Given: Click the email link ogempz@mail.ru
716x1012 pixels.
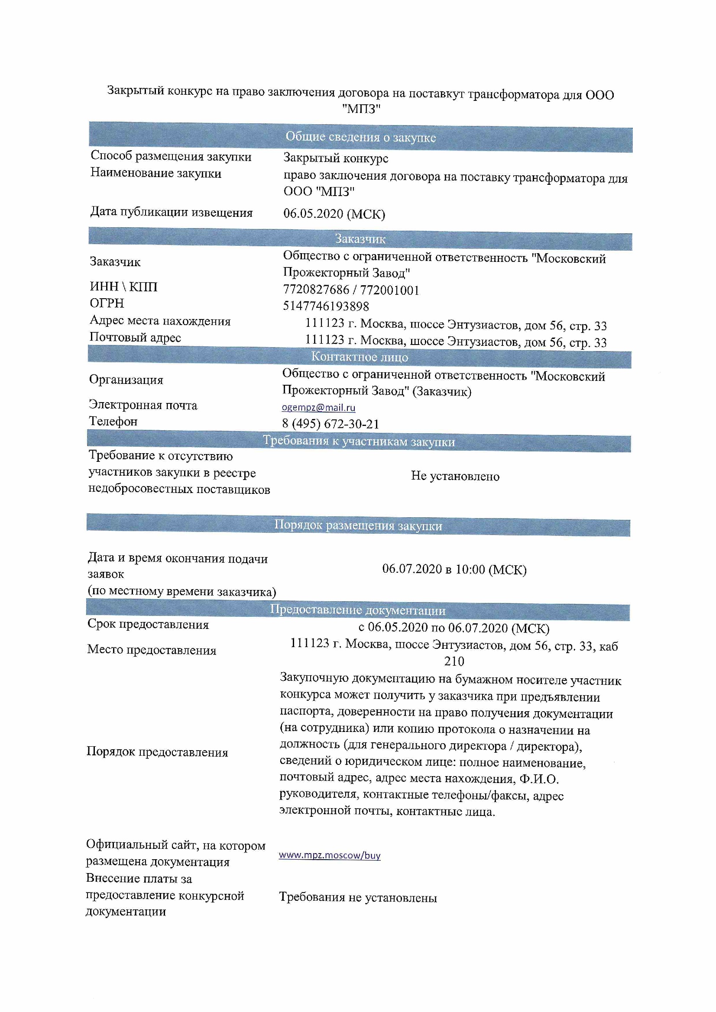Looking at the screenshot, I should (x=318, y=407).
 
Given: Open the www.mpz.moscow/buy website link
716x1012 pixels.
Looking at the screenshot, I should (x=329, y=855).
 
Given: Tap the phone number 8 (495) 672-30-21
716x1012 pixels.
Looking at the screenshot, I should (x=330, y=424).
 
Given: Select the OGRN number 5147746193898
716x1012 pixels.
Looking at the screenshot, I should (x=326, y=306).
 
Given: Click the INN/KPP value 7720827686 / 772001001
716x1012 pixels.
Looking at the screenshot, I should (x=351, y=290).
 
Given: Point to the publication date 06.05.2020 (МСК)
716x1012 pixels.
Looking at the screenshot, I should (x=334, y=214).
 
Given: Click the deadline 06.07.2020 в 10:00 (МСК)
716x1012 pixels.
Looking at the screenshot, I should (x=454, y=569).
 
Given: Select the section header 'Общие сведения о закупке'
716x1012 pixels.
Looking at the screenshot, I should (x=360, y=137).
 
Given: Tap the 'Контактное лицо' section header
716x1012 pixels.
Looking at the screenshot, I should (x=359, y=357).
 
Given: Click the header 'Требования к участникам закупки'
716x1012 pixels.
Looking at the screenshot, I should (x=359, y=441).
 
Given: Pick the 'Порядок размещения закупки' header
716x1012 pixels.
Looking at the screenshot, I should (x=358, y=525).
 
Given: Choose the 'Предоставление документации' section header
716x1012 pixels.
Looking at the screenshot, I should (x=357, y=610).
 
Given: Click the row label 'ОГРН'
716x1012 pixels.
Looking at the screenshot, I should (x=107, y=303).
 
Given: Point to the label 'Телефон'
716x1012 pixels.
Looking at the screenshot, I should (x=113, y=421).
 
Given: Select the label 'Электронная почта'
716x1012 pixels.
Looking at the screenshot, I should (x=143, y=405).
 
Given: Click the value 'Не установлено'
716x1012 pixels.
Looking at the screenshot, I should (x=455, y=476).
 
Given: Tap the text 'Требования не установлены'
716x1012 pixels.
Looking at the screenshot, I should (x=358, y=898).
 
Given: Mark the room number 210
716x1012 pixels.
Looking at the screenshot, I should (x=454, y=661).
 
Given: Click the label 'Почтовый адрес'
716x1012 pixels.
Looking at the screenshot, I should (x=135, y=337).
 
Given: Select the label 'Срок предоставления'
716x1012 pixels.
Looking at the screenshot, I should (x=148, y=624).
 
